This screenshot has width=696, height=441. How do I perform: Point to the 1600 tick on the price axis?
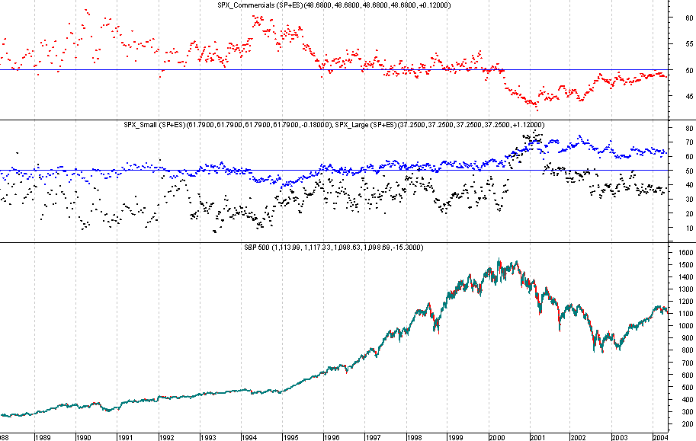click(684, 253)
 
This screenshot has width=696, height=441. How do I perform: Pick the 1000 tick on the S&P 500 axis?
click(684, 326)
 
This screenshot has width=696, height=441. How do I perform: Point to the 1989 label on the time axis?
click(43, 437)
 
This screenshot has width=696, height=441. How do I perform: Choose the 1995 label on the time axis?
click(290, 437)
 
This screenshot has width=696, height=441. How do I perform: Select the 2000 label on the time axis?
click(497, 437)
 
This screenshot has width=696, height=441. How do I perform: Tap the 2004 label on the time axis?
click(662, 437)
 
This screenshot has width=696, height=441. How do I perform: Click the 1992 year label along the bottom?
click(167, 437)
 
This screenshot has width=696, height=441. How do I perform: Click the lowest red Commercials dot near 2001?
click(537, 109)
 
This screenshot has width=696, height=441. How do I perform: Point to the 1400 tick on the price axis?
click(684, 277)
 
